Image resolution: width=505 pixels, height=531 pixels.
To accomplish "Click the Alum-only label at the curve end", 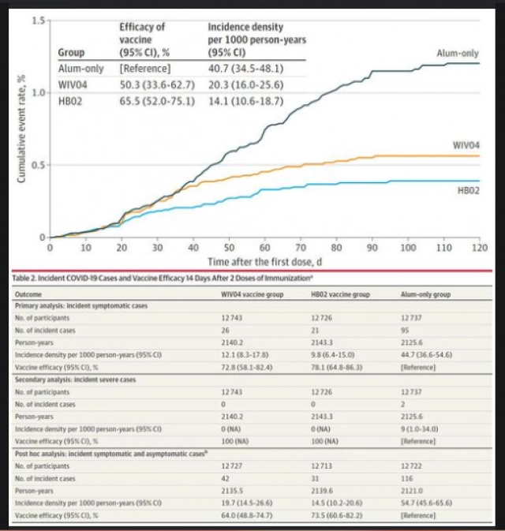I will [458, 53].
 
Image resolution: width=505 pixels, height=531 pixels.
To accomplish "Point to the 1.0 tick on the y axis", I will [37, 92].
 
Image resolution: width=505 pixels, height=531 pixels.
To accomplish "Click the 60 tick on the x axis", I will [264, 247].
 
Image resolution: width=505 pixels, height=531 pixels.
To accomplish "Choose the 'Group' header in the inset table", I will [72, 54].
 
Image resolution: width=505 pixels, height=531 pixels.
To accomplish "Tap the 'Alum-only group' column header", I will [425, 293].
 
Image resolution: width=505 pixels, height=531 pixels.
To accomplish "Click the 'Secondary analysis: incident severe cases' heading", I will [76, 380].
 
